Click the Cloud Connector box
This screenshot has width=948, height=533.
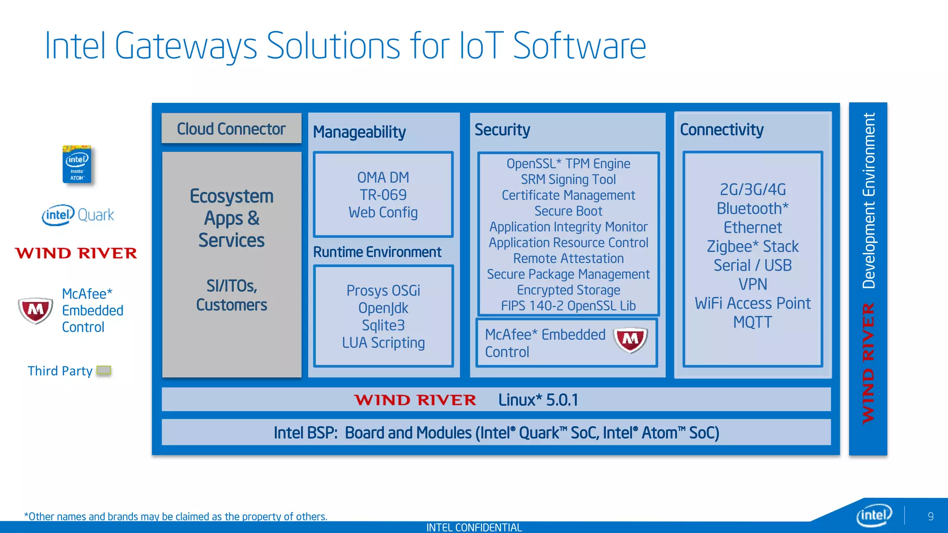coord(231,129)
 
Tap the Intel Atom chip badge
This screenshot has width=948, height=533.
coord(77,165)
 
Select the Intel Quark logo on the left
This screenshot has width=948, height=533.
coord(78,215)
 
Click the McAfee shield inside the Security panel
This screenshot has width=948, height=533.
coord(630,340)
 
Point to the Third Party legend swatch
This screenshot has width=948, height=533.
coord(104,371)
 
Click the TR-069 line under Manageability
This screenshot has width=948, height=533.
coord(383,195)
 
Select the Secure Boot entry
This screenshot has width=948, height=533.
coord(568,211)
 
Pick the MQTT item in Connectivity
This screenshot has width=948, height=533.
coord(752,322)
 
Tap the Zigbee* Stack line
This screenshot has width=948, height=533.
coord(752,247)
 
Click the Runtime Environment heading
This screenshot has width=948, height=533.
coord(377,252)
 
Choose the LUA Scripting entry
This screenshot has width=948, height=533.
coord(383,343)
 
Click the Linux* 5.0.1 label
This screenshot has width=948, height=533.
coord(538,400)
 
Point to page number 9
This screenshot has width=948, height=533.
coord(930,516)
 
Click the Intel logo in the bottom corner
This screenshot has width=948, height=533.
coord(873,515)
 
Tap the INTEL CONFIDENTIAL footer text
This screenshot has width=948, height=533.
coord(474,527)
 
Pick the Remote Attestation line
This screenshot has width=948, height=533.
coord(568,258)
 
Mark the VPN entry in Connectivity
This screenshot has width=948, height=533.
coord(752,284)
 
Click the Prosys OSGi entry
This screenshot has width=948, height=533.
coord(383,291)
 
